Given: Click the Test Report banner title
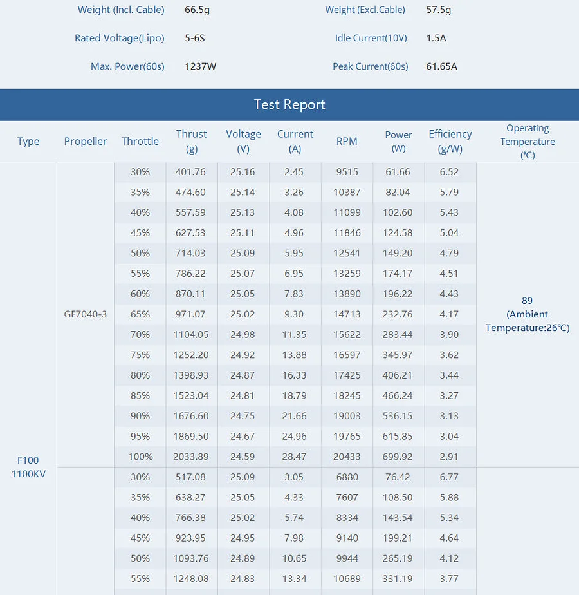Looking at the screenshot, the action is point(289,105).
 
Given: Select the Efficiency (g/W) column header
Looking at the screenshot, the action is point(450,141).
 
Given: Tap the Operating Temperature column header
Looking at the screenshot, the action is point(528,142).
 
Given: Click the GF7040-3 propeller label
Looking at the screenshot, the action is point(86,314).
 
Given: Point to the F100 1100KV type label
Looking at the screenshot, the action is point(28,467).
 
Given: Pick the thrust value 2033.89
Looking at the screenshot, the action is point(190,457).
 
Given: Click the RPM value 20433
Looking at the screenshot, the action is point(347,457).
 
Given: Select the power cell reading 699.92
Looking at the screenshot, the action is point(398,457).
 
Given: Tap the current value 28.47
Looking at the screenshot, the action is point(294,457).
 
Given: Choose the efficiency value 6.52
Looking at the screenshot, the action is point(449,172).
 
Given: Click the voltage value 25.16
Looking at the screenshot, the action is point(243,172).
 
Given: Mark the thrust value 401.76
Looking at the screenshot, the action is point(190,172).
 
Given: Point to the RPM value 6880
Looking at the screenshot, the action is point(347,477).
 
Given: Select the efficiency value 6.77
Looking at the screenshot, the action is point(449,477).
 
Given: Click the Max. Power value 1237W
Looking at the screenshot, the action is point(201,66).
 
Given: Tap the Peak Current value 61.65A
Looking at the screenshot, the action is point(442,66).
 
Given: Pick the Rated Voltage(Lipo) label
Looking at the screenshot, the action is point(120,39).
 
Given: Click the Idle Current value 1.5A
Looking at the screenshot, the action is point(436,38).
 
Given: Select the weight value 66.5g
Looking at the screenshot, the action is point(197,10).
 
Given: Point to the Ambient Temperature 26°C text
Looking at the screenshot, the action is point(528,321).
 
